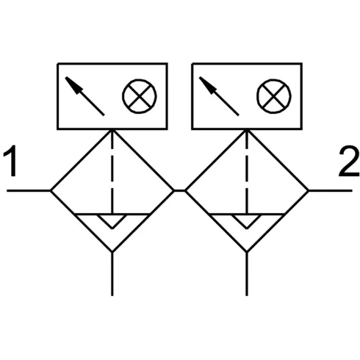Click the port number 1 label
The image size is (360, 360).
[10, 161]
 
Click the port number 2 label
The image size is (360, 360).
[349, 161]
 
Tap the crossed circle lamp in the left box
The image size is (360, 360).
[140, 96]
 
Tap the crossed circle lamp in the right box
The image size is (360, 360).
[274, 96]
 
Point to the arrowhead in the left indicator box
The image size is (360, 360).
[74, 85]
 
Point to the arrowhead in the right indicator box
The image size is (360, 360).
[208, 85]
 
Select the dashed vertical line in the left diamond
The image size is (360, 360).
[112, 172]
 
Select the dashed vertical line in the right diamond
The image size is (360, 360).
[247, 172]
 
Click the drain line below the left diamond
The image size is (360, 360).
[112, 274]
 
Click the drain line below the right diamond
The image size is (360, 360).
[247, 274]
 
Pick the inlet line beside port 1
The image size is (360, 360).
[29, 190]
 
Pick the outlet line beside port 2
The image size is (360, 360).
[331, 190]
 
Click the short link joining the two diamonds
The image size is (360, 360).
[179, 190]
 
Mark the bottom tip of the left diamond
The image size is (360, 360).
[112, 252]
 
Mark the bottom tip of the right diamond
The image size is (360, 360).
[247, 252]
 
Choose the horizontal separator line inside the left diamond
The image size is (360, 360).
[112, 215]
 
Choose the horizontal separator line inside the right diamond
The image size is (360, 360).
[247, 215]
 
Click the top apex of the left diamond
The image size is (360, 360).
[112, 130]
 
